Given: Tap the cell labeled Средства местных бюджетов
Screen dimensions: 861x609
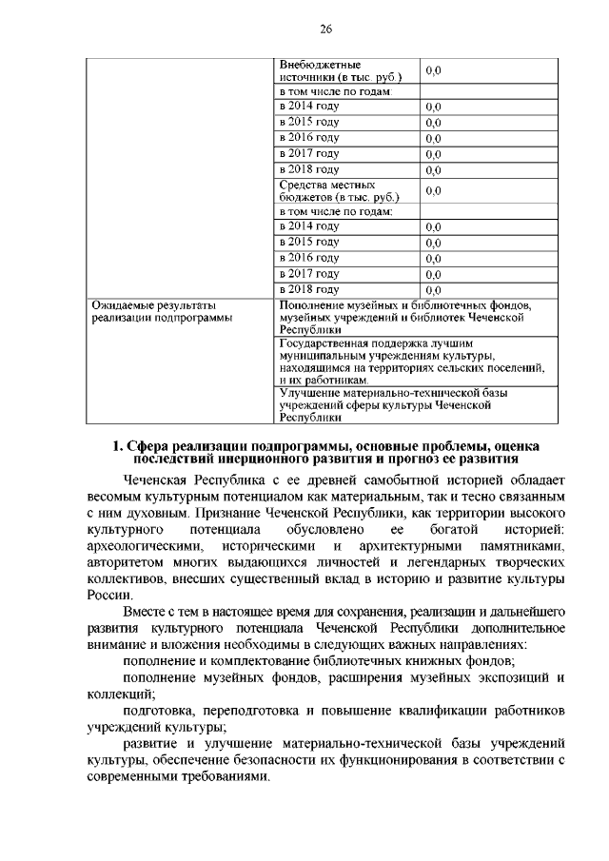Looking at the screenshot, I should pos(338,190).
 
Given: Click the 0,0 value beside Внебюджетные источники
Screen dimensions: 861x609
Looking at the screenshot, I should pos(433,70).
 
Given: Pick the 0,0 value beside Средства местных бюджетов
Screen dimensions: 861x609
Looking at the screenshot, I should pos(433,191).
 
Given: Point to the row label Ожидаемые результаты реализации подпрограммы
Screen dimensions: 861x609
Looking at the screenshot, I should pos(161,312).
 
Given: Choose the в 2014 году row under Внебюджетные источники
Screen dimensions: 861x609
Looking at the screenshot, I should pos(309,106).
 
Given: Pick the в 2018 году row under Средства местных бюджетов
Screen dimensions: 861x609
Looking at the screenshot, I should pos(309,288).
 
